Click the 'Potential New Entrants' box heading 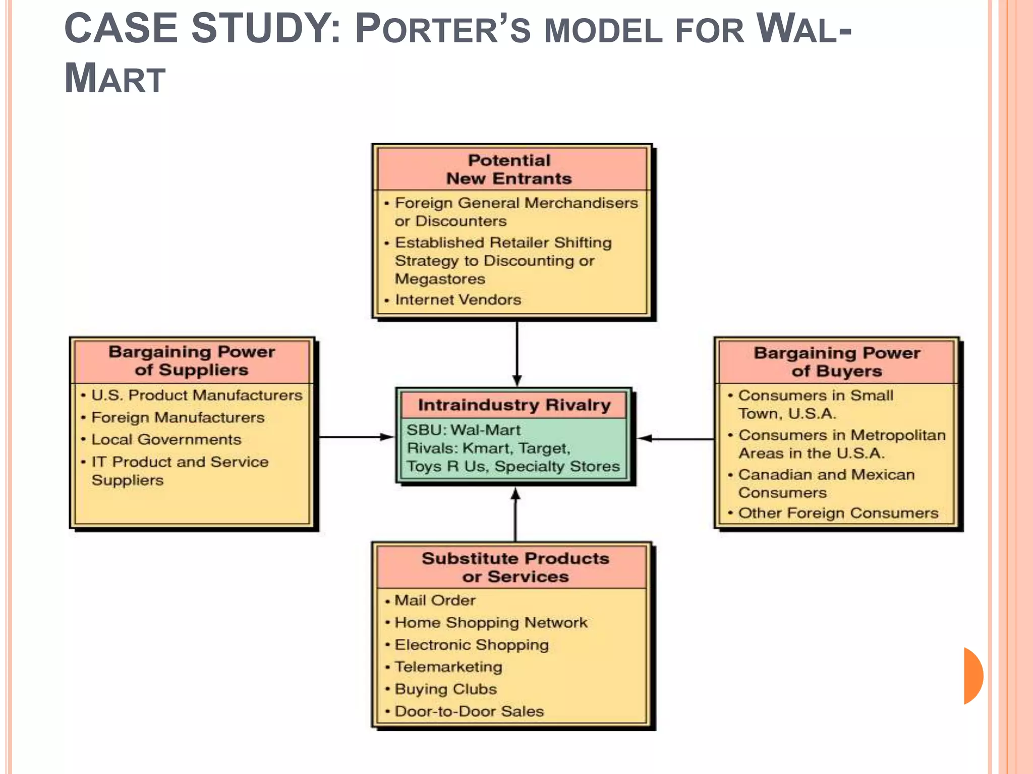tap(509, 169)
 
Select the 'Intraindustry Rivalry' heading tap(514, 405)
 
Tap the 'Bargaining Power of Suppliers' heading tap(192, 361)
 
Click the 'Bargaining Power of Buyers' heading tap(837, 362)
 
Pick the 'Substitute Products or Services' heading tap(515, 567)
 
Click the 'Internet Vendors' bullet tap(457, 300)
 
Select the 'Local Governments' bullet tap(166, 439)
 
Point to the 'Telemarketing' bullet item tap(448, 667)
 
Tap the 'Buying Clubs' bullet tap(445, 689)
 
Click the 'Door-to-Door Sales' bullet tap(469, 711)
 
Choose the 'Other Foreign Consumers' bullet tap(838, 513)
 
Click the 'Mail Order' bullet tap(435, 600)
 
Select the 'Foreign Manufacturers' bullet tap(178, 417)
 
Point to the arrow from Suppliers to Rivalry tap(356, 437)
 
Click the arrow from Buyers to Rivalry tap(676, 439)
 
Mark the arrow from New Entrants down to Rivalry tap(517, 353)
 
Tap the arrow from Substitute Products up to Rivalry tap(515, 514)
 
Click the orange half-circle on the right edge tap(972, 676)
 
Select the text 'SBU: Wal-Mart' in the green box tap(463, 430)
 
